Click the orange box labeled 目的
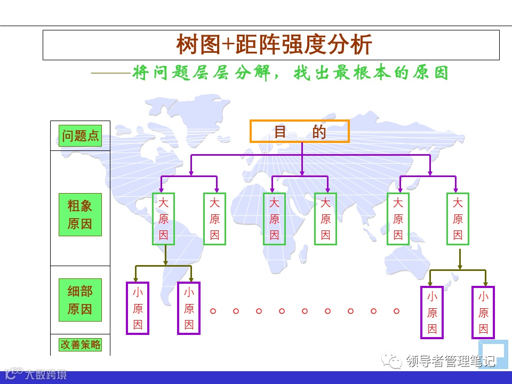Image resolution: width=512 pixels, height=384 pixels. click(x=299, y=132)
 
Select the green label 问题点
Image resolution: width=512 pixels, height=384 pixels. click(x=80, y=135)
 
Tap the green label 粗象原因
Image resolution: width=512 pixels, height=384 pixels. click(x=79, y=214)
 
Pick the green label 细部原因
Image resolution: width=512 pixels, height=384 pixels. click(x=79, y=300)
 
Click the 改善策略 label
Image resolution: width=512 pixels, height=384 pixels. click(x=80, y=345)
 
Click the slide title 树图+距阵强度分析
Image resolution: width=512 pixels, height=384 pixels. click(x=274, y=45)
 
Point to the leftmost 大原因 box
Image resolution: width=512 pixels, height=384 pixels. click(x=163, y=219)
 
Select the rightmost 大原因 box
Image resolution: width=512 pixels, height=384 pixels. click(x=458, y=219)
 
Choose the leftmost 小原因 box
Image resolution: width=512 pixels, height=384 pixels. click(x=138, y=308)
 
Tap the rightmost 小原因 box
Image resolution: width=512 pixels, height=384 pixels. click(x=483, y=313)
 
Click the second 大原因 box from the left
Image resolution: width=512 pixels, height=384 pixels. click(x=214, y=219)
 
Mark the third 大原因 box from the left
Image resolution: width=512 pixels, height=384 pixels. click(x=274, y=219)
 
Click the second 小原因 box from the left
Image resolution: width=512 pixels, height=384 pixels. click(x=189, y=308)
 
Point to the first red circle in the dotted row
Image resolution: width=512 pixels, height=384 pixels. click(x=213, y=310)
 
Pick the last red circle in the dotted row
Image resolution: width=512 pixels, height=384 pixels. click(x=396, y=310)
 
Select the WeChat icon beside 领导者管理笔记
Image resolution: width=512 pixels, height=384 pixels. click(x=395, y=362)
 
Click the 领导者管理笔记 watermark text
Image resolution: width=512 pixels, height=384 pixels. click(x=451, y=362)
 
